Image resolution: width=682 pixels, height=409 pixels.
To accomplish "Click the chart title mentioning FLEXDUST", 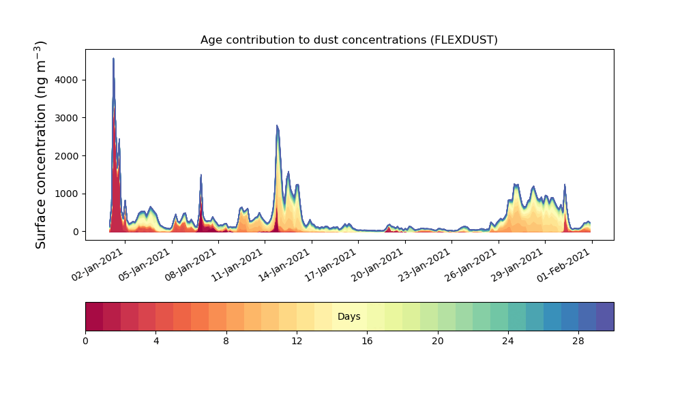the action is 349,40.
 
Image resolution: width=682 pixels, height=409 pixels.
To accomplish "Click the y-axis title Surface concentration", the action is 40,145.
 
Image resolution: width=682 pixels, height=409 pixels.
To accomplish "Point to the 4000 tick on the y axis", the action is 67,80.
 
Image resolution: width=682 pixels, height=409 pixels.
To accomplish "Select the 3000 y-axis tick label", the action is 67,118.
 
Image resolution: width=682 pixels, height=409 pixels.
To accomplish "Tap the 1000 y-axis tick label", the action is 67,194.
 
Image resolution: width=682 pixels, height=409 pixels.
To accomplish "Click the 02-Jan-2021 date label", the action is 98,264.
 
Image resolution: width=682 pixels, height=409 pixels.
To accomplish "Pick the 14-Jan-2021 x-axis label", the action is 284,264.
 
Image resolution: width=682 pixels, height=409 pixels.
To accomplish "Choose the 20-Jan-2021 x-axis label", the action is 378,264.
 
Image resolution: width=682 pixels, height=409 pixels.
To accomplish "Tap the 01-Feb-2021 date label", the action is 564,264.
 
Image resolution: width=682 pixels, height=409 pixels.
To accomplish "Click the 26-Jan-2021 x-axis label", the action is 471,264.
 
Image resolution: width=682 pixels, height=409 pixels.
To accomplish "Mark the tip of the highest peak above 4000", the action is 113,58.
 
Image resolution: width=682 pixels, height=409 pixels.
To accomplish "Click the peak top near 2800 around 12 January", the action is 277,125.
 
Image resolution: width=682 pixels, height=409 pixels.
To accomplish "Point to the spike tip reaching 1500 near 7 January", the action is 201,175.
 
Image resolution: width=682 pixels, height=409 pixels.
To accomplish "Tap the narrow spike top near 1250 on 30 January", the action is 565,184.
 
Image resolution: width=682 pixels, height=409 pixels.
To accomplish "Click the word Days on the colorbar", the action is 349,316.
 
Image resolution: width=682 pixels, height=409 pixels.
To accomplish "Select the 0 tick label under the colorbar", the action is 86,342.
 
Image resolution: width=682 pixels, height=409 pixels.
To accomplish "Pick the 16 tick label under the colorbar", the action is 367,342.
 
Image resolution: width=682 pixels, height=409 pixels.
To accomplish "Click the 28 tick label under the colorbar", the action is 578,342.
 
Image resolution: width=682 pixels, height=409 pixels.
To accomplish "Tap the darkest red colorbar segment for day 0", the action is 94,316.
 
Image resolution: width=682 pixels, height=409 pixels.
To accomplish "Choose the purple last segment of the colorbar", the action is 605,316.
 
